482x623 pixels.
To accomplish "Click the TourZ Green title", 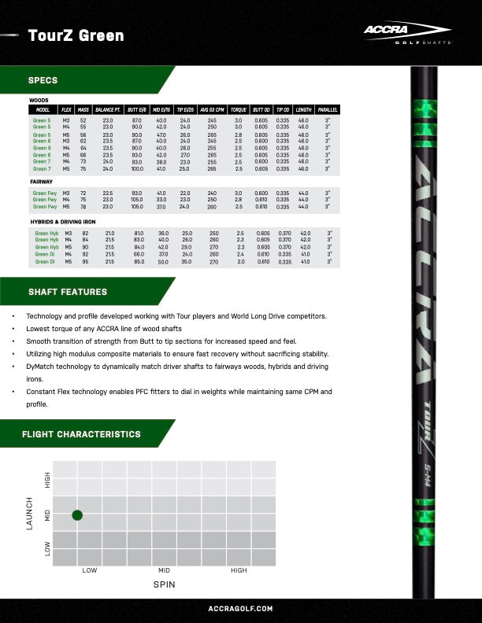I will (76, 35).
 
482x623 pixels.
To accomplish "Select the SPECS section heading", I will (43, 80).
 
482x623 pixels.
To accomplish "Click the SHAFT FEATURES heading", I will (62, 292).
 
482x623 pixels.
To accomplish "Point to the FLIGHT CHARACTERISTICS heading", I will (82, 434).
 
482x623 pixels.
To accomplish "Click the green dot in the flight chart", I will (77, 515).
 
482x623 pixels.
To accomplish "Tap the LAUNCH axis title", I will (30, 513).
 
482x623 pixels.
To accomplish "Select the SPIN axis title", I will (164, 585).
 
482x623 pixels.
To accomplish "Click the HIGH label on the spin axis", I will (238, 570).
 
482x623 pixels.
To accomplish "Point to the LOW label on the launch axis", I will (47, 548).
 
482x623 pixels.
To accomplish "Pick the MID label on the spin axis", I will (164, 570).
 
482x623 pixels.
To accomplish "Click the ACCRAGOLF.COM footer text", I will (240, 609).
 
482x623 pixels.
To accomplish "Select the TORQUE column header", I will (239, 109).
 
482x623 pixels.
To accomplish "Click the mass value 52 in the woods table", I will (83, 120).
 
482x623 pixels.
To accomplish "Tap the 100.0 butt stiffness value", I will (137, 169).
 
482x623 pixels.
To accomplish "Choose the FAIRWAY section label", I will (41, 182).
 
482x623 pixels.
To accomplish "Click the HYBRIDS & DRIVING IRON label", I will (69, 222).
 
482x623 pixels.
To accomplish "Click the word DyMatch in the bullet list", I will (43, 367).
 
